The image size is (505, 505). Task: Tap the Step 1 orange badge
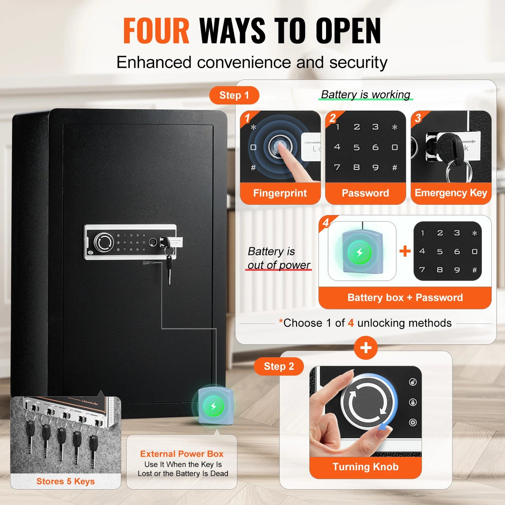(234, 95)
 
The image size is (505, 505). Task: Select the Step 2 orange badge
(279, 366)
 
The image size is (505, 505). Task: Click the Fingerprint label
(280, 193)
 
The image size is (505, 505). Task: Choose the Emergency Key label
(451, 193)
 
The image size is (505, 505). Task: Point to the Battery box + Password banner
(405, 298)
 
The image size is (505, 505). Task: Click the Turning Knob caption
(365, 467)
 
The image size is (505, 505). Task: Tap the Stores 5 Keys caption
(65, 481)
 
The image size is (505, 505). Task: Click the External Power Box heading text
(182, 454)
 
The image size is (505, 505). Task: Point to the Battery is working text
(366, 94)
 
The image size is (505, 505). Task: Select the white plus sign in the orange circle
(366, 348)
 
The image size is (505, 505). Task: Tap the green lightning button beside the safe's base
(214, 406)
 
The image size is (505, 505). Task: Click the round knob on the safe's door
(104, 242)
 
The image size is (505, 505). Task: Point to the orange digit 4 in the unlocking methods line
(351, 323)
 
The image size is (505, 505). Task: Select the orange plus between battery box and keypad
(405, 251)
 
